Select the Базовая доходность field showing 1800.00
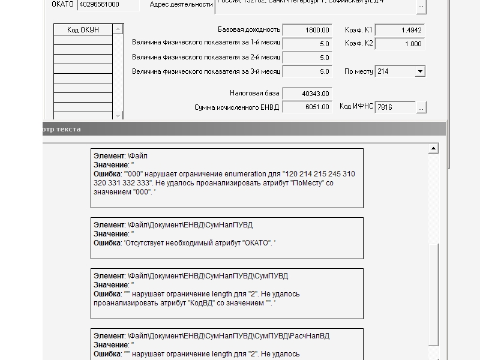tap(307, 30)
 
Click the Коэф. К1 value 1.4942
tap(399, 30)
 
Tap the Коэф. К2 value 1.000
tap(399, 44)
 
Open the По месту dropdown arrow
tap(420, 71)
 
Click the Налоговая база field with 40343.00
tap(307, 94)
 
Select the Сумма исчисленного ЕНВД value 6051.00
tap(307, 107)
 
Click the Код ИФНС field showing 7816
tap(395, 107)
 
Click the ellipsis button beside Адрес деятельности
tap(421, 6)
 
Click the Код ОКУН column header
tap(83, 29)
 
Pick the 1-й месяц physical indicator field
tap(307, 44)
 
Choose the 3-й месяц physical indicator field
tap(307, 71)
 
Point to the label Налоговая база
tap(254, 94)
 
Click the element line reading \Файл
tap(137, 156)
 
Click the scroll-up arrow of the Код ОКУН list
tap(118, 29)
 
